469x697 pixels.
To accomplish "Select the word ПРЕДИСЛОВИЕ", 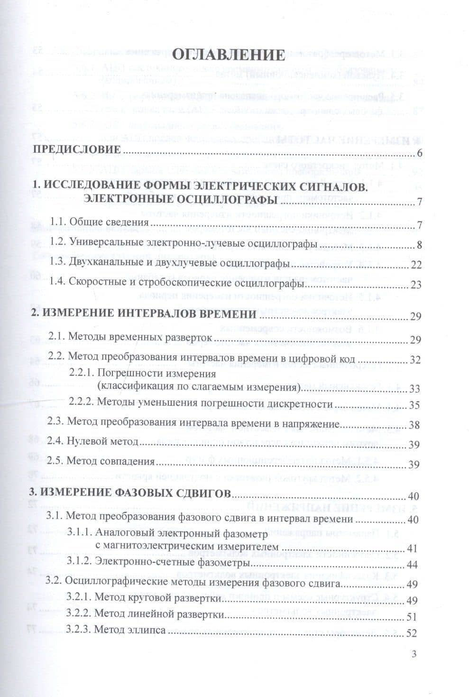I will (83, 149).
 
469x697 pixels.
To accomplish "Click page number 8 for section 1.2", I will (419, 245).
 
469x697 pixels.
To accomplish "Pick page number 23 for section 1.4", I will (416, 285).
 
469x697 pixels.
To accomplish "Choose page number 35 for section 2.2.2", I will (414, 406).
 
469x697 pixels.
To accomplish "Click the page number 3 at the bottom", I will (414, 655).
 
